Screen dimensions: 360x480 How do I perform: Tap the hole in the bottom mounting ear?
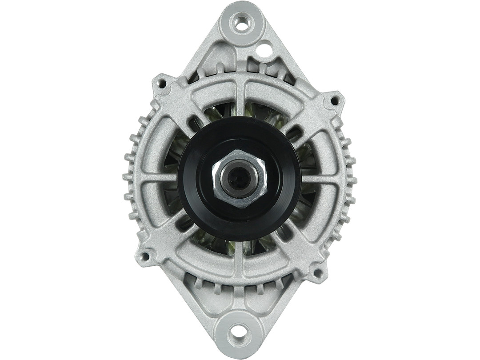click(x=239, y=330)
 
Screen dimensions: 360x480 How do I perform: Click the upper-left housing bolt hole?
click(x=162, y=83)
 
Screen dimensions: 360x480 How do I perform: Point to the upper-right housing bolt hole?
click(x=334, y=101)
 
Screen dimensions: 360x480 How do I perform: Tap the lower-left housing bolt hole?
click(x=145, y=256)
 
